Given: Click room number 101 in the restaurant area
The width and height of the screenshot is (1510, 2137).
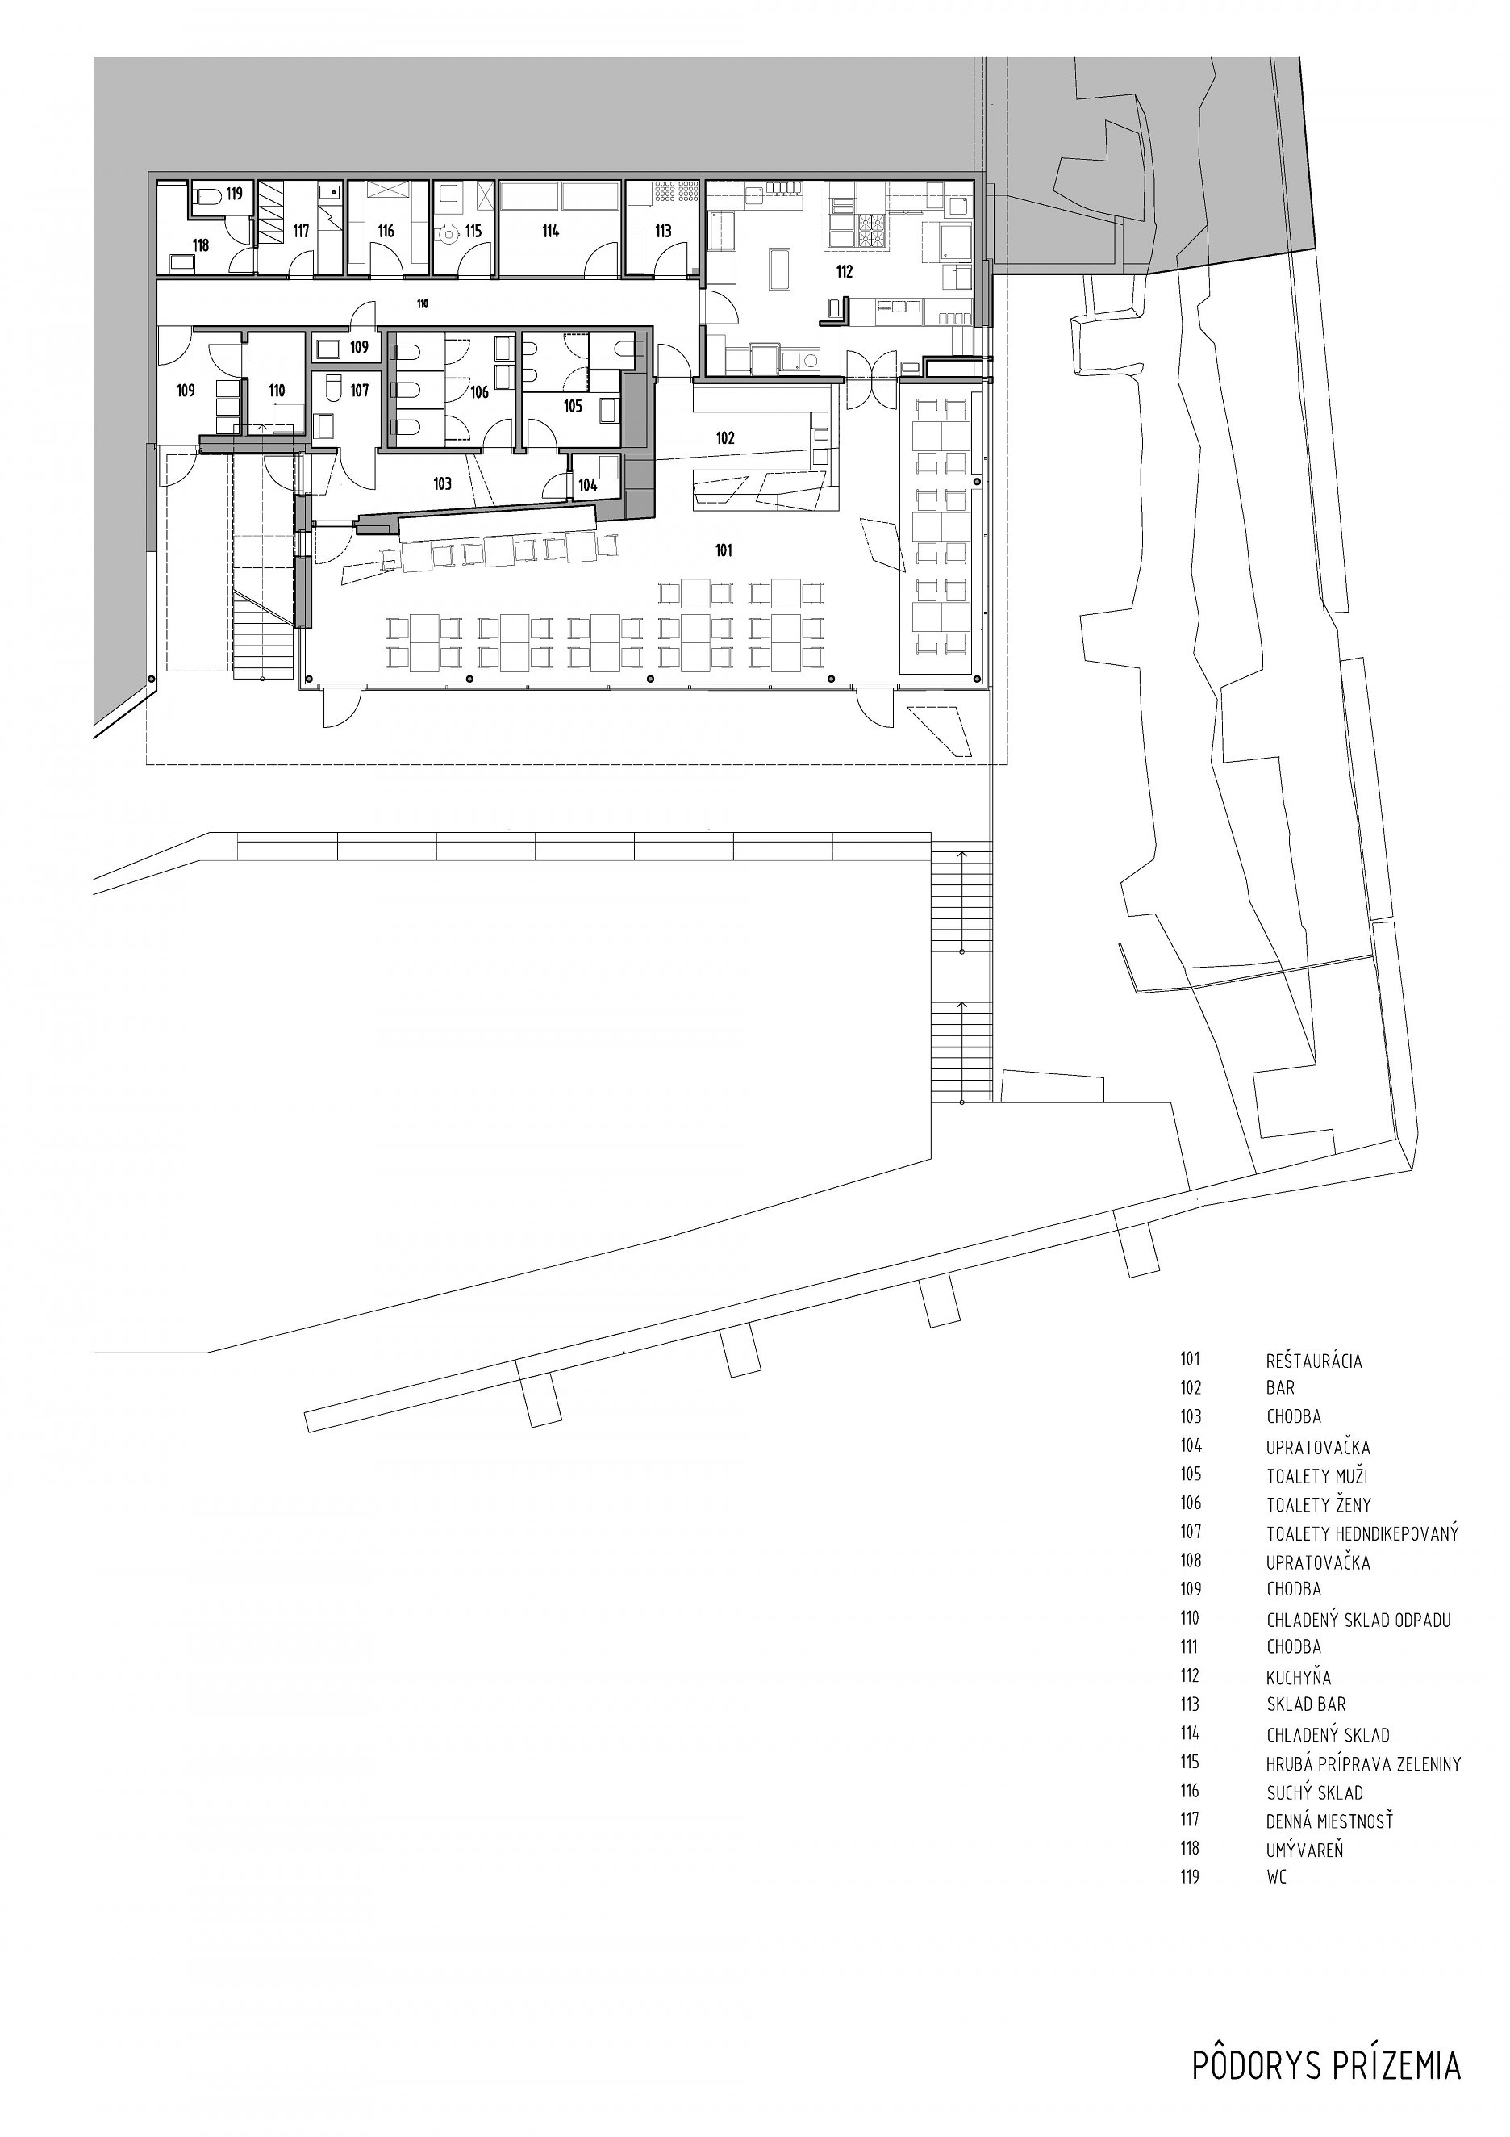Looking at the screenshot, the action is (724, 550).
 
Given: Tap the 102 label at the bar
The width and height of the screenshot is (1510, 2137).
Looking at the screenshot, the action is (726, 437).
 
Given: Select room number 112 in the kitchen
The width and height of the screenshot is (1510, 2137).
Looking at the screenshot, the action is (844, 273).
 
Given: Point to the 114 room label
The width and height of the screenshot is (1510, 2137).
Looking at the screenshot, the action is (551, 231).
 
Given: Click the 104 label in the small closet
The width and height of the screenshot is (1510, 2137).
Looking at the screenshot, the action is (587, 485).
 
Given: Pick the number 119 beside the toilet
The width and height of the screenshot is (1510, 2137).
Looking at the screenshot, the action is (234, 194).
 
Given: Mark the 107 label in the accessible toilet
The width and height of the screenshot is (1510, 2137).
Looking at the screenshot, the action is (360, 390).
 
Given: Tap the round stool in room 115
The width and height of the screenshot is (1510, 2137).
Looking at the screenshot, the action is (449, 233).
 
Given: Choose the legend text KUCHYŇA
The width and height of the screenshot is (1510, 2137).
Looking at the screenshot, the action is (1299, 1677).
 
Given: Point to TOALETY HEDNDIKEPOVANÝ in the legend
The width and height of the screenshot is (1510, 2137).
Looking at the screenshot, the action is (1362, 1533).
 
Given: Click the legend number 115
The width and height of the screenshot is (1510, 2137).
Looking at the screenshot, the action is (1191, 1762).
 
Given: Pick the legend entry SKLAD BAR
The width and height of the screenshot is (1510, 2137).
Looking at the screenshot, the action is (1306, 1704).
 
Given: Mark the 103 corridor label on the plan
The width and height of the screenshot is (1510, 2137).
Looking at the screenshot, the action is (442, 484).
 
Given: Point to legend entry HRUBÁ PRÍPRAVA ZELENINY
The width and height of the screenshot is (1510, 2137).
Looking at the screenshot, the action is (1364, 1763).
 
